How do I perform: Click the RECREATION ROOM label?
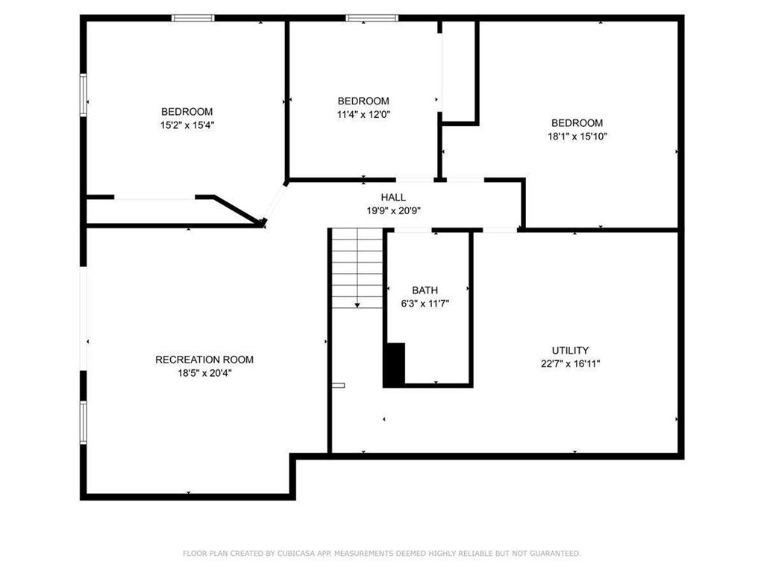204,360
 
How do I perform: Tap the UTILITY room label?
570,351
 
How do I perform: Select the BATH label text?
425,290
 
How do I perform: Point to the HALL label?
393,198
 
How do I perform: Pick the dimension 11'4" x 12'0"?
363,114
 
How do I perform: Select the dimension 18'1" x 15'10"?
577,137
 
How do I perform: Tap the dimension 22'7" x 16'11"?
570,364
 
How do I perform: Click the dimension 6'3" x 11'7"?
425,304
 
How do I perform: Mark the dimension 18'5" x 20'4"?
204,373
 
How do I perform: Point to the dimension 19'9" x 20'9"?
393,211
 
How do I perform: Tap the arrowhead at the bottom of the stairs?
357,304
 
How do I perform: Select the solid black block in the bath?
395,365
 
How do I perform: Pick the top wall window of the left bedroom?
193,18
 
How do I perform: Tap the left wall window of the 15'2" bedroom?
84,95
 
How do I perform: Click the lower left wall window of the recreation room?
84,422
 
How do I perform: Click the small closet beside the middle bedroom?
460,71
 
